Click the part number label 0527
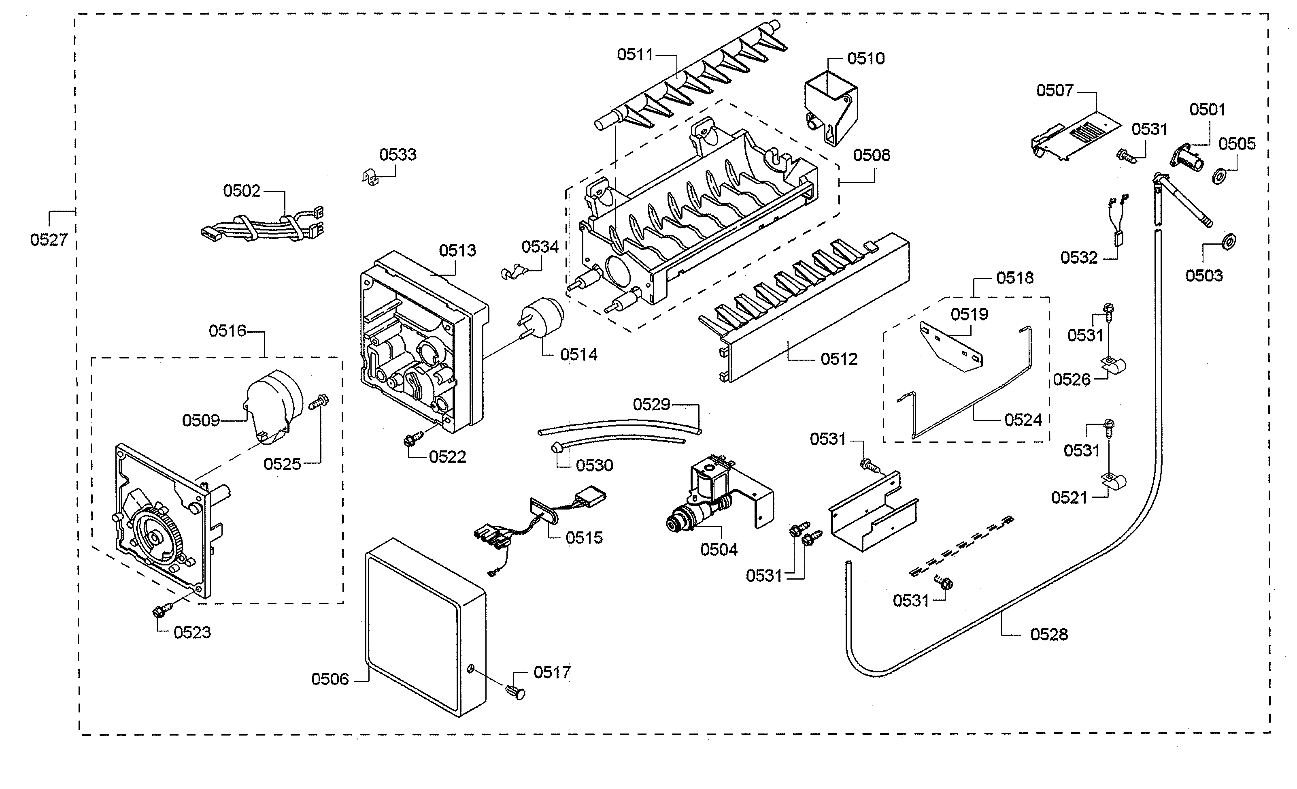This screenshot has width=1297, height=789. point(49,240)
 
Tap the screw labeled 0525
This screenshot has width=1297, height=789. point(317,403)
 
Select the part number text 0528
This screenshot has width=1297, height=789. point(1048,634)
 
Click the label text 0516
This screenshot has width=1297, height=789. point(228,331)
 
